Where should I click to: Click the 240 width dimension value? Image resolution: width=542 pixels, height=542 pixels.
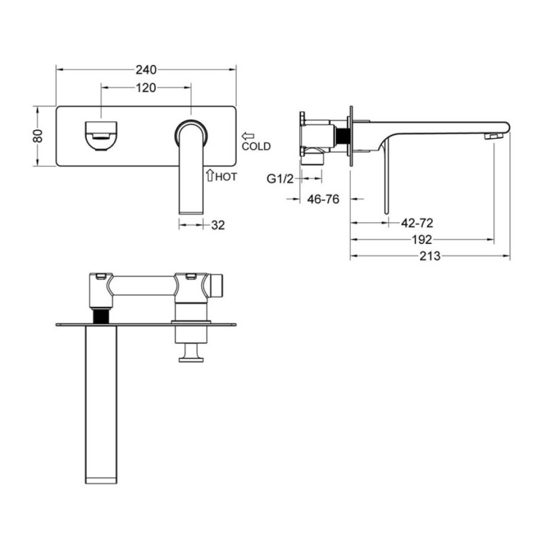146,70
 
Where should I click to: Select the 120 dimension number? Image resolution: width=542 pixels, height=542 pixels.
146,88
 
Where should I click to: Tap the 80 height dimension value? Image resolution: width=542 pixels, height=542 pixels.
37,135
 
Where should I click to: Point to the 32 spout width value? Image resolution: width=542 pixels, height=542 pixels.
217,225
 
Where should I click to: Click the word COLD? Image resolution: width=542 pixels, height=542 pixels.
256,146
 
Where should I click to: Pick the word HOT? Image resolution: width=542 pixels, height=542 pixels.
226,177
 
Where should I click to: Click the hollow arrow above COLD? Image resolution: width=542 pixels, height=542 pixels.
248,136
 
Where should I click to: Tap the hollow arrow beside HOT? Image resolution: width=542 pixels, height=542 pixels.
209,175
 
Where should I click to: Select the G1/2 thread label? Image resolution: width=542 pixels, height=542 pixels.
280,179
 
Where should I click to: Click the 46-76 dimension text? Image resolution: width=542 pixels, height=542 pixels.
323,199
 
